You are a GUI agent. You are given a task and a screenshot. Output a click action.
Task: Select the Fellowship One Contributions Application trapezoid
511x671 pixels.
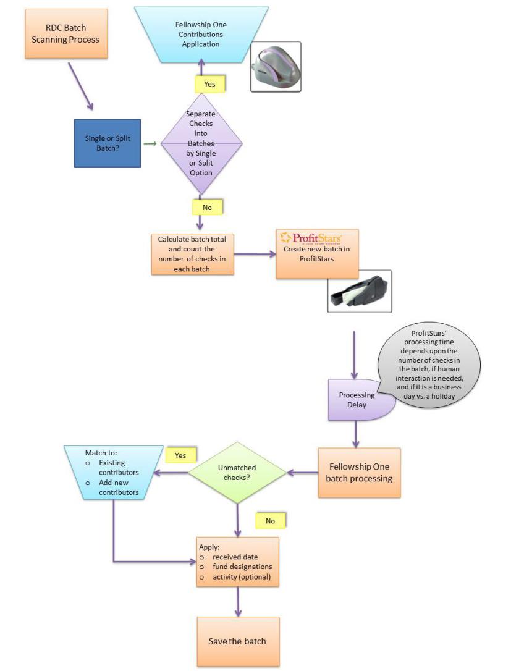click(x=200, y=34)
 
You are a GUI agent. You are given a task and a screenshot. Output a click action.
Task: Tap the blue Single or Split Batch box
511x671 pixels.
click(x=108, y=143)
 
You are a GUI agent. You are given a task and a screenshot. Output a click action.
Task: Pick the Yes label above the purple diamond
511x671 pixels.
click(x=209, y=84)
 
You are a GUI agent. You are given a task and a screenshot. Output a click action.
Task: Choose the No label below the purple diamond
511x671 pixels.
click(x=207, y=207)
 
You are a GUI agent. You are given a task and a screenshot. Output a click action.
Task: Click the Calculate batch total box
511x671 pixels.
click(x=192, y=254)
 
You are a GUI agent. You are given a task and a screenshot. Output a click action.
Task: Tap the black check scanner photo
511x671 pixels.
click(x=359, y=290)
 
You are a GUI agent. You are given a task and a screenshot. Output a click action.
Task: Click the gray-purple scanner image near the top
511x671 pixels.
click(x=276, y=67)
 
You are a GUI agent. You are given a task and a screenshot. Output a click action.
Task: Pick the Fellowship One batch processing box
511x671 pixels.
click(x=359, y=472)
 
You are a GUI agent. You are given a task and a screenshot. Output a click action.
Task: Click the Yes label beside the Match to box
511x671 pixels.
click(x=180, y=455)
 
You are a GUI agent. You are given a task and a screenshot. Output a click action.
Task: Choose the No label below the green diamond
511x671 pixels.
click(x=270, y=521)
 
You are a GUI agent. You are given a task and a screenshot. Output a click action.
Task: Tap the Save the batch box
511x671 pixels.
click(x=238, y=641)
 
